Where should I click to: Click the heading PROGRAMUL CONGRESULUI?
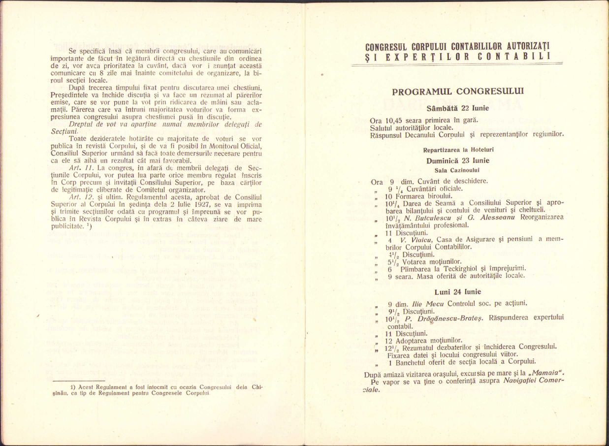pyautogui.click(x=458, y=91)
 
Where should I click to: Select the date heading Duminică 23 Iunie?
pyautogui.click(x=458, y=160)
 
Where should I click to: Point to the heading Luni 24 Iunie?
pyautogui.click(x=458, y=292)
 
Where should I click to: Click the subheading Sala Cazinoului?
pyautogui.click(x=458, y=170)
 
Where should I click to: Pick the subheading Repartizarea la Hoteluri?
pyautogui.click(x=458, y=150)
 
